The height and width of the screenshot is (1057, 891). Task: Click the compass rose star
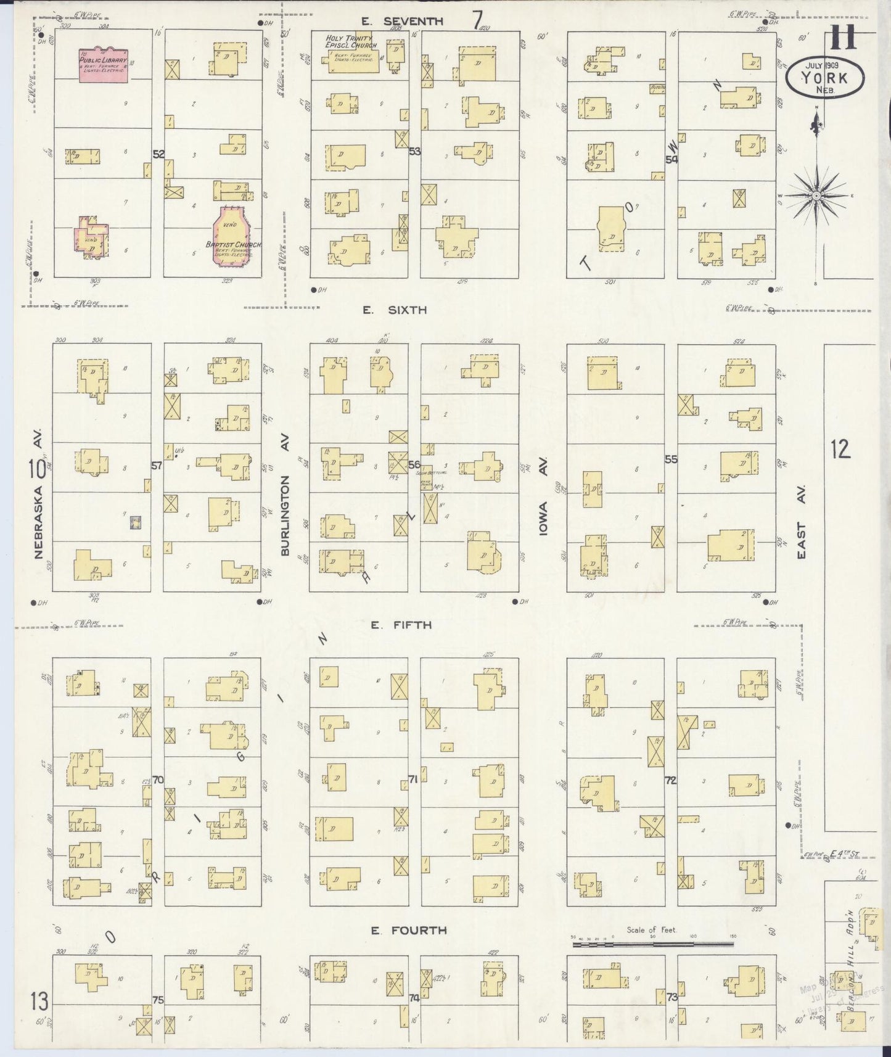tap(816, 195)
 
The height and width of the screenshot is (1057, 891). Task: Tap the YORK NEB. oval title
tap(824, 78)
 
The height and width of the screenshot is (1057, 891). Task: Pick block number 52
tap(158, 154)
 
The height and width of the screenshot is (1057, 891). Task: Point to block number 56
tap(414, 465)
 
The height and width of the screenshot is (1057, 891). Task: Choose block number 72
tap(670, 780)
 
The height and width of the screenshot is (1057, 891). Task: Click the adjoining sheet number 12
tap(840, 449)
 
